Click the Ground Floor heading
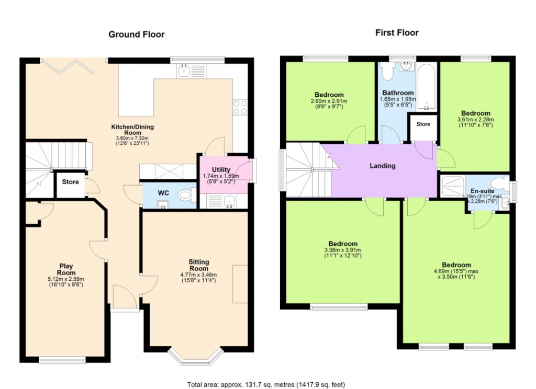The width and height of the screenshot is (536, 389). tap(137, 35)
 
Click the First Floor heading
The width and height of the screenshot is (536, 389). tap(397, 33)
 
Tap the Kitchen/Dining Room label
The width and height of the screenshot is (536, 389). tap(132, 130)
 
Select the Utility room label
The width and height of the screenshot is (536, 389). tap(221, 170)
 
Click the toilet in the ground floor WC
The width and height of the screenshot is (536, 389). tap(187, 196)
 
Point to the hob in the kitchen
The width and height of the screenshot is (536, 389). tap(240, 107)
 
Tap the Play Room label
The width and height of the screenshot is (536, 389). tap(66, 269)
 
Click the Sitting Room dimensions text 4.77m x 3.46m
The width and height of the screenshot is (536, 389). tap(198, 274)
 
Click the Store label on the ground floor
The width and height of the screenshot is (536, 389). tap(71, 182)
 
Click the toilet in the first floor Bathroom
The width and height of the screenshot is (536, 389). tap(388, 72)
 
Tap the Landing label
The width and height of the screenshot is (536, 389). tap(383, 166)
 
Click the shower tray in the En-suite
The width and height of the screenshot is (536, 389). tap(452, 187)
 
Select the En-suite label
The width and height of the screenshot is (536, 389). tap(482, 191)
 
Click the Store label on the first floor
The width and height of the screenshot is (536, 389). tap(423, 124)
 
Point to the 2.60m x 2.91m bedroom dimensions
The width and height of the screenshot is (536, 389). tap(329, 101)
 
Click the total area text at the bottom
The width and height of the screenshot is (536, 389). tap(266, 385)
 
